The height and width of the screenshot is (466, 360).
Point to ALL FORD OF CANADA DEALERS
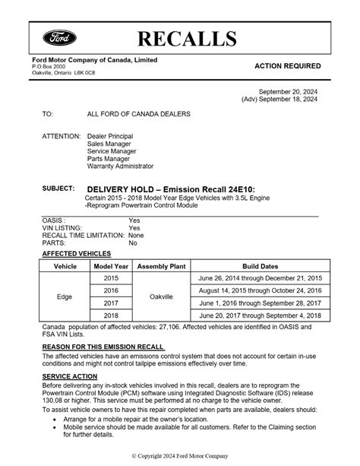pyautogui.click(x=138, y=114)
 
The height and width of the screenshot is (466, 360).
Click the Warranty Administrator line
pyautogui.click(x=120, y=166)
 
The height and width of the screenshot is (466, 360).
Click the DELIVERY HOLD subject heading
pyautogui.click(x=171, y=188)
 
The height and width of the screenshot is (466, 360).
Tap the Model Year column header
pyautogui.click(x=111, y=268)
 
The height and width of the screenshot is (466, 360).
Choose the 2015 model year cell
pyautogui.click(x=111, y=279)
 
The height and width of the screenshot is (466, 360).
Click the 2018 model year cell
pyautogui.click(x=111, y=315)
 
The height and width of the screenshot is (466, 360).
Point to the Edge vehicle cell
pyautogui.click(x=65, y=297)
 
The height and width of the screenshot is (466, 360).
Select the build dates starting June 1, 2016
pyautogui.click(x=258, y=303)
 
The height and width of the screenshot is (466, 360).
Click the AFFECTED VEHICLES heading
pyautogui.click(x=76, y=253)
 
